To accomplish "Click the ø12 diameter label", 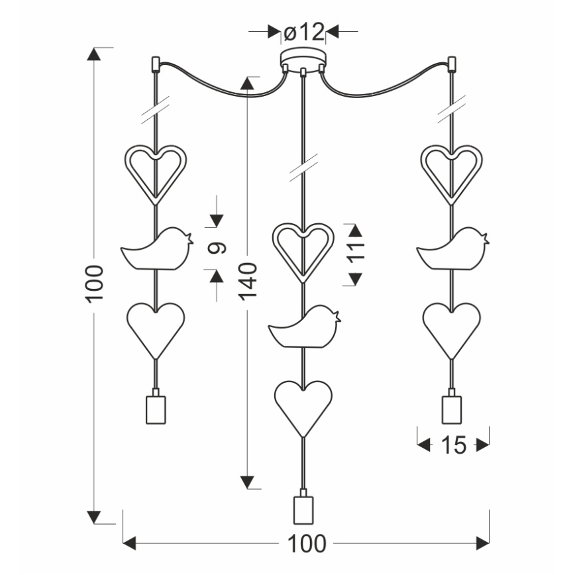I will (303, 31).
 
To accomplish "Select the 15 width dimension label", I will (453, 446).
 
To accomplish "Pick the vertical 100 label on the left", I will (94, 284).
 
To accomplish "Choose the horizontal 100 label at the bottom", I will (306, 544).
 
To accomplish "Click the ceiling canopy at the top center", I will (303, 58).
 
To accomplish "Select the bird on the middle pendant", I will (305, 328).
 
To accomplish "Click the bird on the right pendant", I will (453, 250).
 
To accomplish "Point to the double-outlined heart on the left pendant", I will (156, 170).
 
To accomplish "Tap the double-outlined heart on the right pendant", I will (452, 170).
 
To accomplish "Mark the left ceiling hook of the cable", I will (154, 64).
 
